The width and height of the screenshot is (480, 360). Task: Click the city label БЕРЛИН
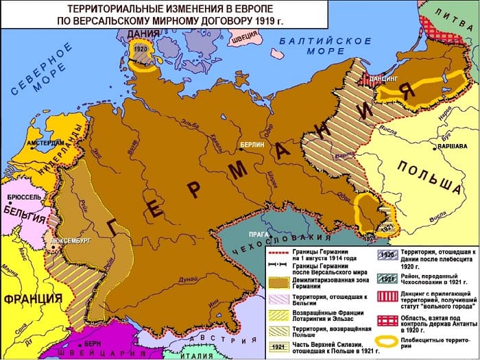[250, 145]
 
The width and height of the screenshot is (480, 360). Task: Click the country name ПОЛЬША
[429, 176]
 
